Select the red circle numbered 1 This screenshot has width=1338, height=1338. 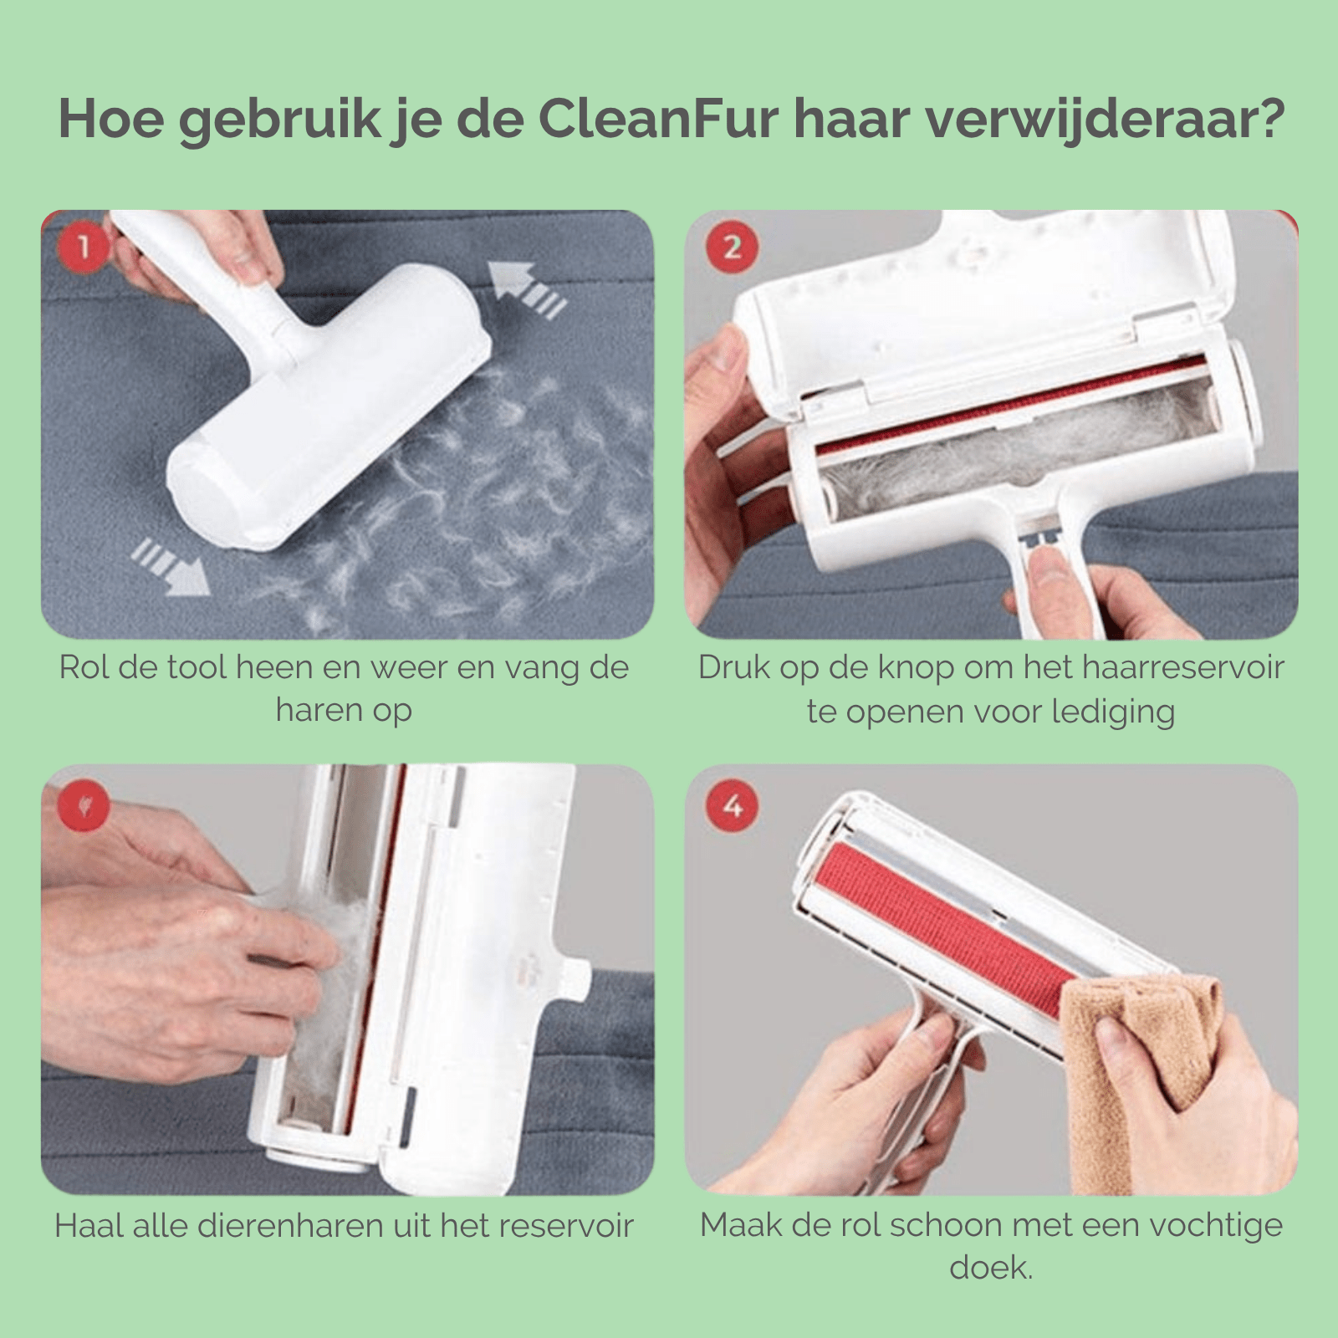pos(84,246)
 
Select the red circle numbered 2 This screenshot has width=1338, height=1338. pos(732,247)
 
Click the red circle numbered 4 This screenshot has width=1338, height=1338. pos(732,806)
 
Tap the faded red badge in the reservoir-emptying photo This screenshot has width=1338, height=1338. pos(84,806)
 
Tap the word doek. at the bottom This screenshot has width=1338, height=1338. pos(991,1268)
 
